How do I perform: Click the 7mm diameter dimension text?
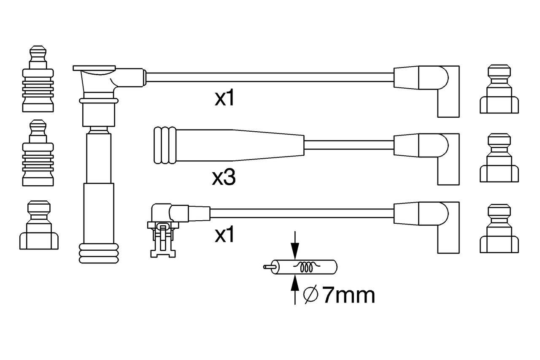[x=348, y=295]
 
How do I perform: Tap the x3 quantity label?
[x=224, y=179]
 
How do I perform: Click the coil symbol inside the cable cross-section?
[x=307, y=267]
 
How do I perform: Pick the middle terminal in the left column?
[x=38, y=154]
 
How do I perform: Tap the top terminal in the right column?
[x=499, y=89]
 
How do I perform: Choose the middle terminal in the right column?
[x=499, y=158]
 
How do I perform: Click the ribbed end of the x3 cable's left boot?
[x=165, y=145]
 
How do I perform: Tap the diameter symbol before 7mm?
[x=310, y=295]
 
